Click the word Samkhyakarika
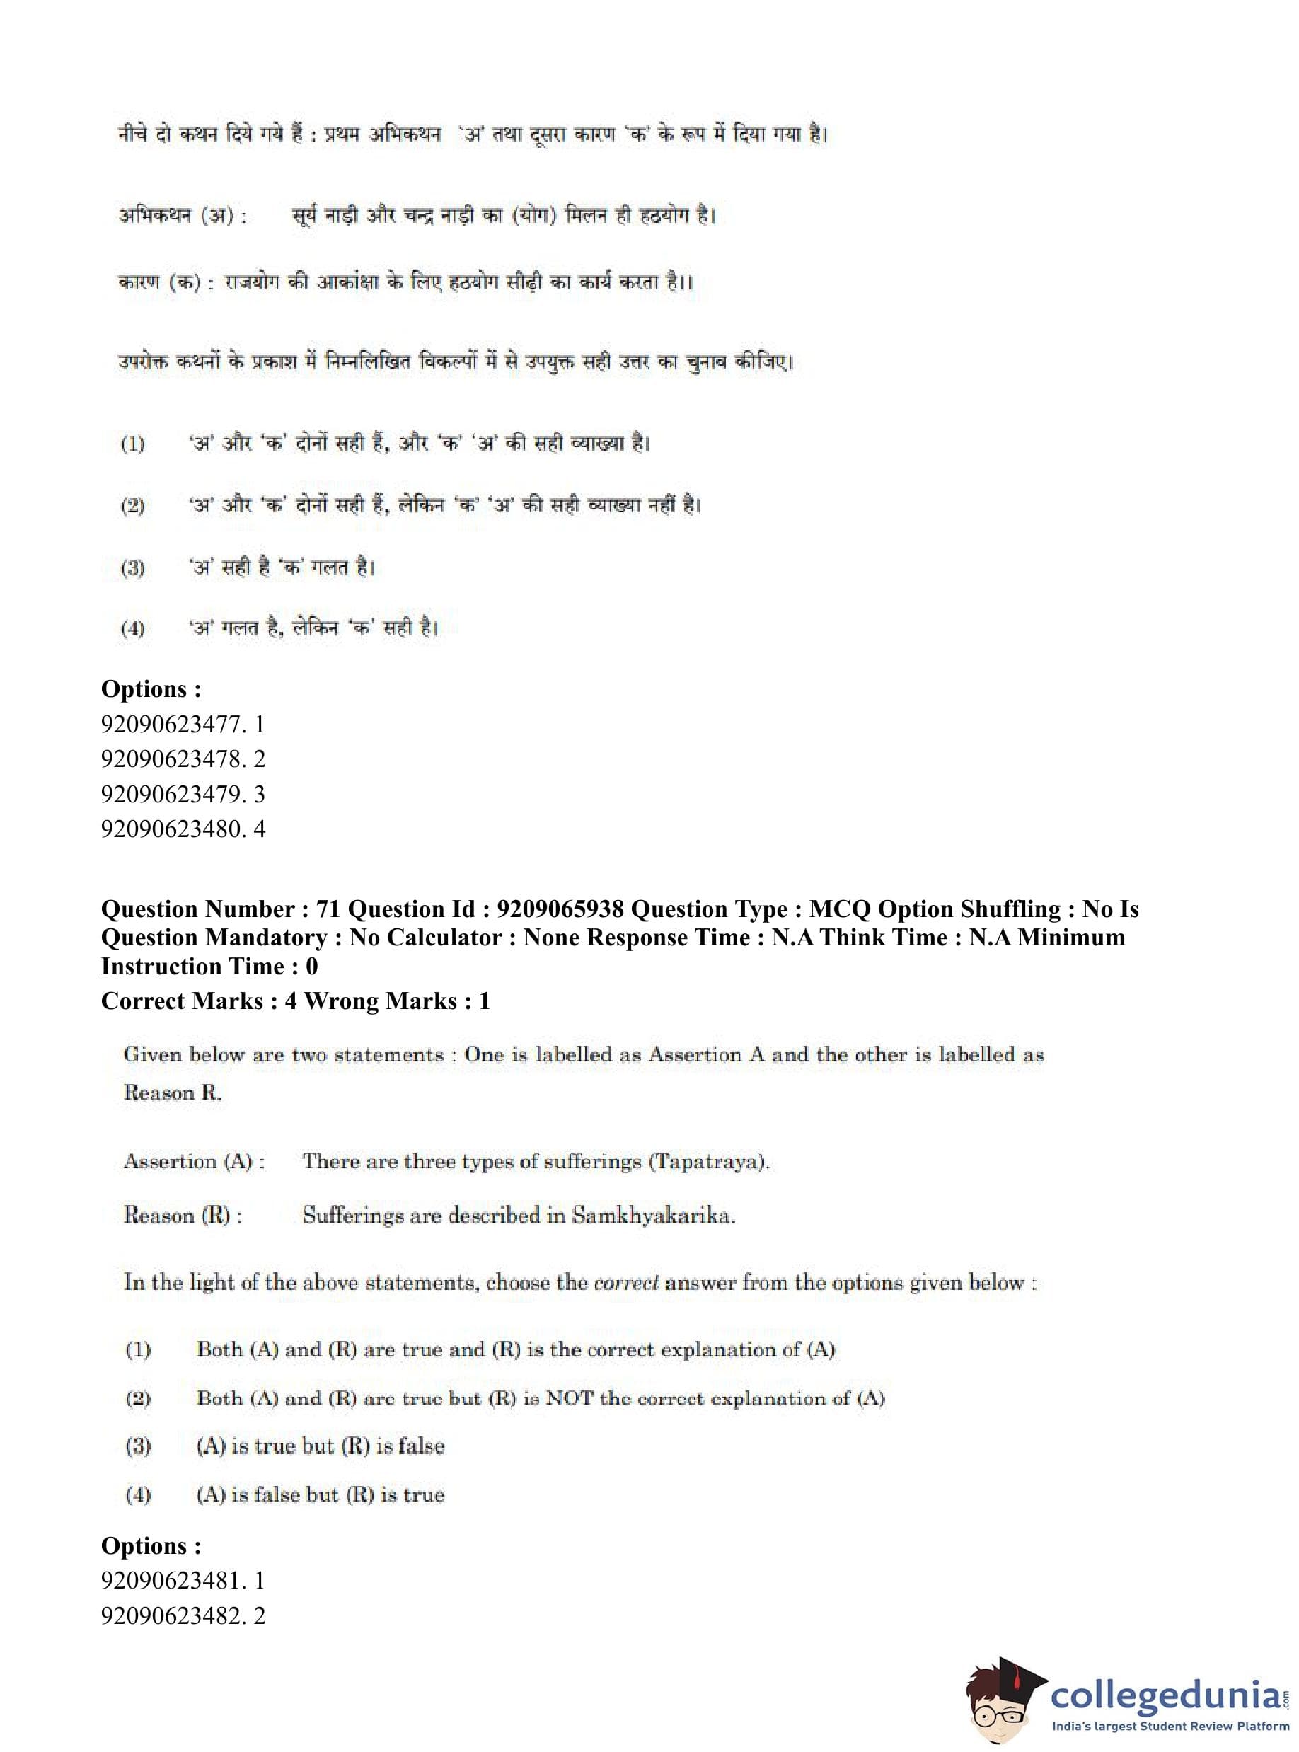pos(652,1215)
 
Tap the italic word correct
pos(625,1283)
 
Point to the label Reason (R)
pos(183,1215)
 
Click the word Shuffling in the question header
pos(1009,909)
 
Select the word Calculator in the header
pos(447,938)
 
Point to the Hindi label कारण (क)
pos(164,282)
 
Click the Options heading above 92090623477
pos(151,689)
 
